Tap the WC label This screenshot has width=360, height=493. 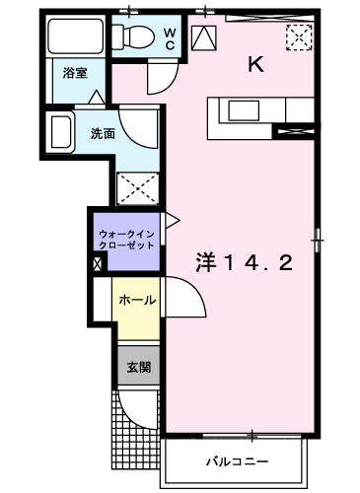[170, 38]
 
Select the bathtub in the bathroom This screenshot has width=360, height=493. [76, 35]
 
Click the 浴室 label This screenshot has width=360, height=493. [75, 73]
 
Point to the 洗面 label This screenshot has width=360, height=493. [103, 133]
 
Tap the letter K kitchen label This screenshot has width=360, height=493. [255, 64]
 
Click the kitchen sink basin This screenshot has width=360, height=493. [244, 110]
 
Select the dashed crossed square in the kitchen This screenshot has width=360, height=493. [299, 37]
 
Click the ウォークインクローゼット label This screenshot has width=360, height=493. [126, 240]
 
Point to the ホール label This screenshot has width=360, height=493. [137, 300]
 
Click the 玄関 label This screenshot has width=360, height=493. [139, 367]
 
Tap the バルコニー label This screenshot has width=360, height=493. [237, 461]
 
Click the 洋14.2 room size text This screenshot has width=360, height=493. [244, 262]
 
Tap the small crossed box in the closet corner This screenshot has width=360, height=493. [98, 264]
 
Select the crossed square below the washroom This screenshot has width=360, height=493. [138, 188]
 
